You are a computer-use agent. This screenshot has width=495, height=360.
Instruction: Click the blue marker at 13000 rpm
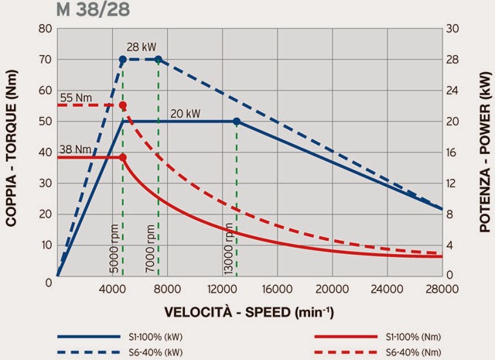tap(237, 122)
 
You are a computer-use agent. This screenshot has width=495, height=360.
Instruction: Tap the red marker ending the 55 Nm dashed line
tap(122, 105)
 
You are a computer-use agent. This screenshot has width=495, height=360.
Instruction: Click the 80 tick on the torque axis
tap(46, 29)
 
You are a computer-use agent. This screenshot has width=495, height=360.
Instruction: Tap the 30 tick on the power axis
tap(456, 29)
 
